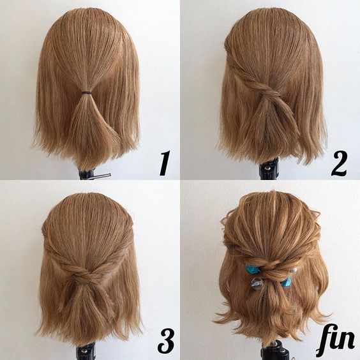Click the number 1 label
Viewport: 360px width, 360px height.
(164, 163)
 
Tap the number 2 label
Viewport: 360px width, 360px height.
(339, 163)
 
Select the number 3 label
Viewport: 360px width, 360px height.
(165, 341)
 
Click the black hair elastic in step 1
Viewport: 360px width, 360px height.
(86, 93)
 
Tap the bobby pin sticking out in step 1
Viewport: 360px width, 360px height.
(100, 176)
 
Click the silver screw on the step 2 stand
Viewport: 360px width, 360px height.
(267, 168)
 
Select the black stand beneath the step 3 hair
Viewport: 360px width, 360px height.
(86, 352)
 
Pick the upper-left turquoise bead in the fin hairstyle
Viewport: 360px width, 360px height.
(251, 269)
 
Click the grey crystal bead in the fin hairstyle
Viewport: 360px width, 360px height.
(256, 283)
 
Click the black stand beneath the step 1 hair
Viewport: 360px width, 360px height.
(87, 174)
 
